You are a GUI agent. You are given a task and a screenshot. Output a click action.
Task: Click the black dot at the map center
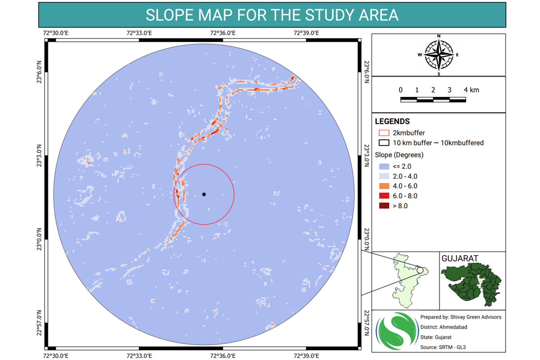point(204,194)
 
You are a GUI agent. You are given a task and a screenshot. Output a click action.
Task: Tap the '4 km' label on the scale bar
point(472,90)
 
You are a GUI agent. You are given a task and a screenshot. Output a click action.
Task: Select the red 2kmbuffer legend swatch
point(384,133)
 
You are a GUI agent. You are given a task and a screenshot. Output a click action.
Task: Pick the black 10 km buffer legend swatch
point(384,143)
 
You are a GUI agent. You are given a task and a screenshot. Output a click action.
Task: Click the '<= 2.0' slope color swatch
point(384,166)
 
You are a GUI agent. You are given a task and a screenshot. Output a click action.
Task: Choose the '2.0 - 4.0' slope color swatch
point(384,176)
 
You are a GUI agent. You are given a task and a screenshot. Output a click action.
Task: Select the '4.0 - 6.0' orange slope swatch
point(384,186)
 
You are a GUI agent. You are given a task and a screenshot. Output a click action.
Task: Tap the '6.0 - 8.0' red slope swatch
point(384,196)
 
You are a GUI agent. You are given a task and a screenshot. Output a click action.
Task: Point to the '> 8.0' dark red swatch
point(384,206)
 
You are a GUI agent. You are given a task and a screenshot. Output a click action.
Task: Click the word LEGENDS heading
point(392,121)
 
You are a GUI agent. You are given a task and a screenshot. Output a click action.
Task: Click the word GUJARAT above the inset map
point(459,259)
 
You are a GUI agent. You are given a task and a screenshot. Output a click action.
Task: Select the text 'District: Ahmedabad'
point(444,327)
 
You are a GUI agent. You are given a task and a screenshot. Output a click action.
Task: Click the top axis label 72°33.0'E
point(139,32)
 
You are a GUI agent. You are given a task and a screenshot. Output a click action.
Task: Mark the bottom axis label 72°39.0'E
point(306,356)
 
